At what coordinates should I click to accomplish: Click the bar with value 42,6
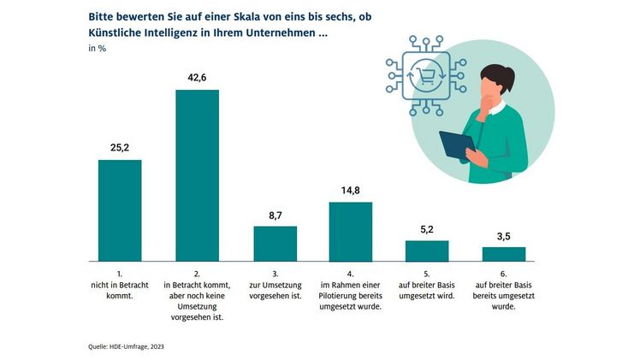click(x=197, y=174)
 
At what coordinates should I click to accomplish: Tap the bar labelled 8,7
click(x=275, y=243)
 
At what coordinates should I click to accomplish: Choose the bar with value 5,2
click(x=427, y=251)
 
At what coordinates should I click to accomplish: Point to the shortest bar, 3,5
click(x=504, y=253)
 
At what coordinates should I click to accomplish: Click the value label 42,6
click(x=198, y=77)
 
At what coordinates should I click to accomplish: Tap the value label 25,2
click(x=120, y=147)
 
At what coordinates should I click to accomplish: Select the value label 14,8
click(x=351, y=189)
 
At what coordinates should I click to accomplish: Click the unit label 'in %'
click(x=98, y=50)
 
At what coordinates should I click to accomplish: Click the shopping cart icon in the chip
click(x=424, y=74)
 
